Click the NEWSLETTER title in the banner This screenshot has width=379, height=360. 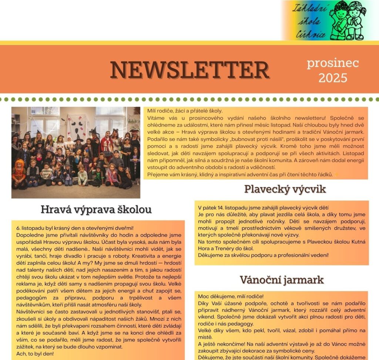(x=189, y=69)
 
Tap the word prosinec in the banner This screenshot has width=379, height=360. (x=333, y=63)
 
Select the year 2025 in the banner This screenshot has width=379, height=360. (x=333, y=78)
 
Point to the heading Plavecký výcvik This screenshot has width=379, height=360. (x=285, y=189)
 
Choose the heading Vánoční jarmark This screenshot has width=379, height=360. (x=282, y=279)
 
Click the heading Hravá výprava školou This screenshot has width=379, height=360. (x=96, y=209)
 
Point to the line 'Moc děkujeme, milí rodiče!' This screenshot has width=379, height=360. (x=230, y=296)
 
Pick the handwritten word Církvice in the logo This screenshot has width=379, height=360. (x=313, y=34)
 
